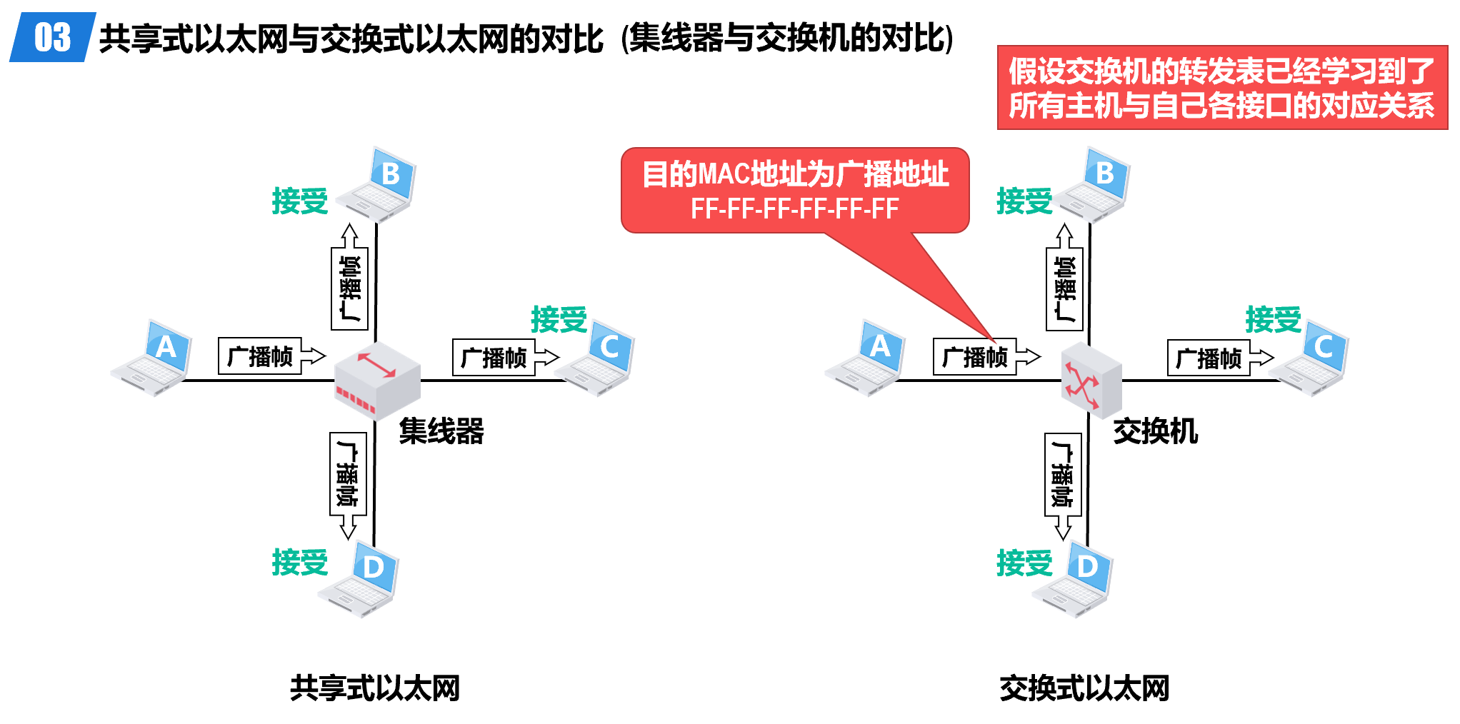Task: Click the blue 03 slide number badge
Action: pyautogui.click(x=52, y=37)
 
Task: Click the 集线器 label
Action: pyautogui.click(x=441, y=431)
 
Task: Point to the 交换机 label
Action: pyautogui.click(x=1155, y=431)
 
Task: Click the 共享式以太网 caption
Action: pyautogui.click(x=375, y=688)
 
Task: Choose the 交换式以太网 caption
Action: pyautogui.click(x=1084, y=688)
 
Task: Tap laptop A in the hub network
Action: pyautogui.click(x=154, y=359)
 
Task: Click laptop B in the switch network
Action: pyautogui.click(x=1093, y=185)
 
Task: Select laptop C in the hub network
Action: pyautogui.click(x=596, y=359)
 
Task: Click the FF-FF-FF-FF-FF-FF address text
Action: pyautogui.click(x=794, y=209)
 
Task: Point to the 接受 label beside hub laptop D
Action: pyautogui.click(x=299, y=563)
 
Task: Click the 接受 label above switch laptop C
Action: pyautogui.click(x=1273, y=319)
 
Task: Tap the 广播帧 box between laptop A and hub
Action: pyautogui.click(x=260, y=356)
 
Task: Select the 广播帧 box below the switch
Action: pyautogui.click(x=1062, y=474)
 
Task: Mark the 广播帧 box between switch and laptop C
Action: pyautogui.click(x=1209, y=358)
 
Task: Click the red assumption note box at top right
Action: pyautogui.click(x=1221, y=88)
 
